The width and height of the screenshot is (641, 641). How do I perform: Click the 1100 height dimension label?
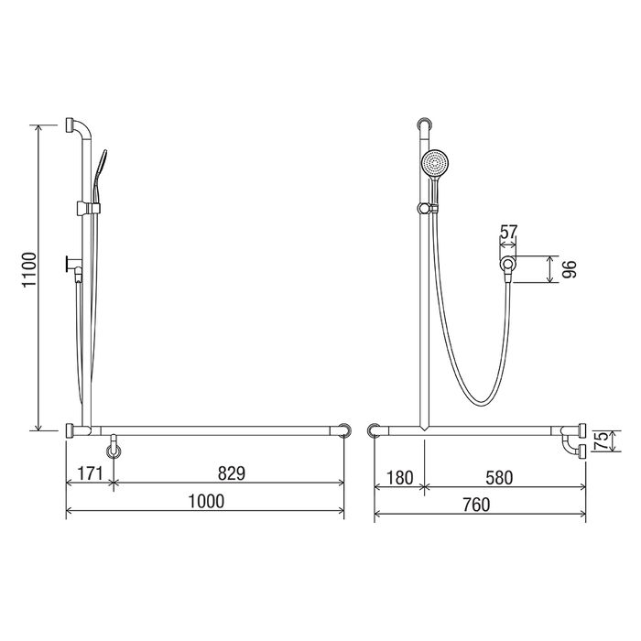coord(30,270)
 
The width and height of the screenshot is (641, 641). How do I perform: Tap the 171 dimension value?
coord(90,473)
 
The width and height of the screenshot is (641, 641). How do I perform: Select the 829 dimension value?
coord(232,473)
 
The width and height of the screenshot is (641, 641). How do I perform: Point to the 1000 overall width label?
coord(206,501)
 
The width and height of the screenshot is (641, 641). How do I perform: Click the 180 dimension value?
coord(399,477)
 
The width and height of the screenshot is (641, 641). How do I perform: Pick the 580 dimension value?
coord(499,477)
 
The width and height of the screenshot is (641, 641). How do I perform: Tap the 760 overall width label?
coord(476,505)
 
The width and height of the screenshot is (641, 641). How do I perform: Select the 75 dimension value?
coord(603,441)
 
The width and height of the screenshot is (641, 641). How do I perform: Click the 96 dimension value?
coord(569,269)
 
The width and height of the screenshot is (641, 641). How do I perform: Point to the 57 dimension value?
coord(509,233)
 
